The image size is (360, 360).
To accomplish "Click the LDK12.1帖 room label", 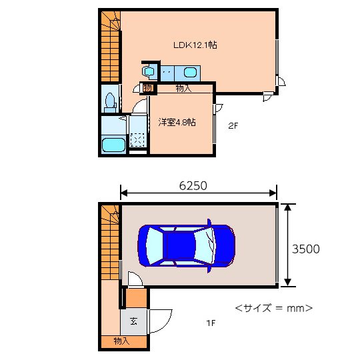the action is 195,45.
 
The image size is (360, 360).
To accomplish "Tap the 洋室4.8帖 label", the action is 177,123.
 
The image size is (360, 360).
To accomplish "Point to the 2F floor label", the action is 233,125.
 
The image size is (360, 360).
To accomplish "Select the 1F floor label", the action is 211,323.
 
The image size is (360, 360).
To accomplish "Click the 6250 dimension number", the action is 193,186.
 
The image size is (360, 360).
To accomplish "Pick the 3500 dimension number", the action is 305,249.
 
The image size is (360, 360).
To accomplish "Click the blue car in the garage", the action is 187,245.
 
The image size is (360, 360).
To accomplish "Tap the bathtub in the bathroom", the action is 113,145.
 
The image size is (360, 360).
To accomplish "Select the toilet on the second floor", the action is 110,103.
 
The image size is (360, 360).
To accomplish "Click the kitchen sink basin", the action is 190,73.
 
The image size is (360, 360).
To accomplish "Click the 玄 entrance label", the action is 133,321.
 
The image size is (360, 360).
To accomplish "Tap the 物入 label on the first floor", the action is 121,341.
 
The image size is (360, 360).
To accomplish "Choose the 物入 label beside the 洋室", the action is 183,88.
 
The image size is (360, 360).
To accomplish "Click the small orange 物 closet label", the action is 148,88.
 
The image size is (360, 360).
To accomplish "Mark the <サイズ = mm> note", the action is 274,308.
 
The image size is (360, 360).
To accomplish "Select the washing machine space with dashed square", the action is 137,140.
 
